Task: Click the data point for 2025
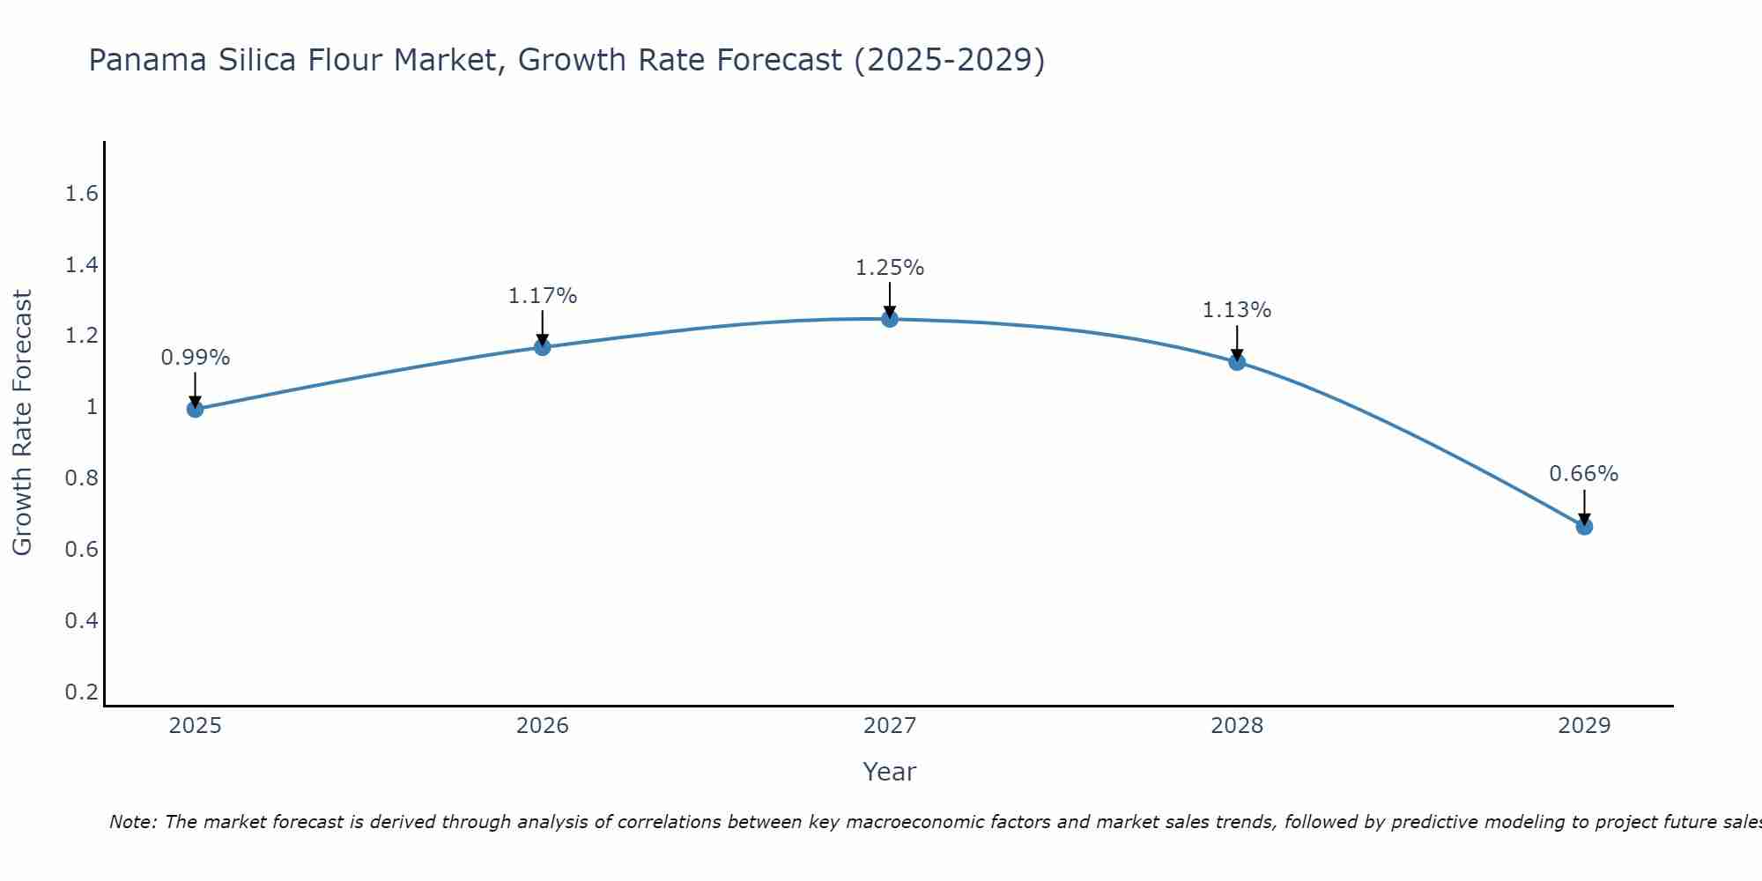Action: pos(196,409)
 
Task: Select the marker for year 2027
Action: pos(890,319)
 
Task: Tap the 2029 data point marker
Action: pos(1584,527)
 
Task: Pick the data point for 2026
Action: pos(543,347)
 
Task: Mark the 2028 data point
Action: pos(1237,361)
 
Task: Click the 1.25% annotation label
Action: pos(890,268)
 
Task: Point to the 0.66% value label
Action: pos(1584,474)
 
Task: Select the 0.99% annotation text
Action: pos(196,358)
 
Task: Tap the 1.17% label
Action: pos(543,296)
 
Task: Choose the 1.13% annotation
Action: pos(1237,310)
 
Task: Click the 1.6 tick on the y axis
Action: pos(81,194)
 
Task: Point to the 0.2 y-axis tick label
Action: pos(81,692)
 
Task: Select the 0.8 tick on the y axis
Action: pos(81,478)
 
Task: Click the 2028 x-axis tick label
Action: pos(1237,726)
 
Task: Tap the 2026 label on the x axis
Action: pos(543,726)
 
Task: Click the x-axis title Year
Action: pos(890,772)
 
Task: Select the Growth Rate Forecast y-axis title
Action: pos(23,423)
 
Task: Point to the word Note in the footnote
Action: pos(132,822)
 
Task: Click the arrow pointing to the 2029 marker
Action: pos(1584,507)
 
